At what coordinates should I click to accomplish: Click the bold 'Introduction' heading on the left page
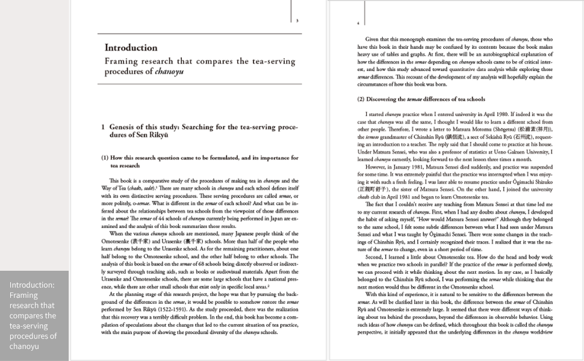[x=131, y=48]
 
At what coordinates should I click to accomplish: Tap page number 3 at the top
[x=297, y=21]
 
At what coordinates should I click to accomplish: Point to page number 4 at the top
[x=359, y=23]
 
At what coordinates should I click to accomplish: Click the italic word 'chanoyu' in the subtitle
[x=169, y=72]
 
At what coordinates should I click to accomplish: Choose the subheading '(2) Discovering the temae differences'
[x=421, y=99]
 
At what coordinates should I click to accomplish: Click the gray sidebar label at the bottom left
[x=34, y=315]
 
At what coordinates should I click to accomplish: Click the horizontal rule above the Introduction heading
[x=199, y=33]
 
